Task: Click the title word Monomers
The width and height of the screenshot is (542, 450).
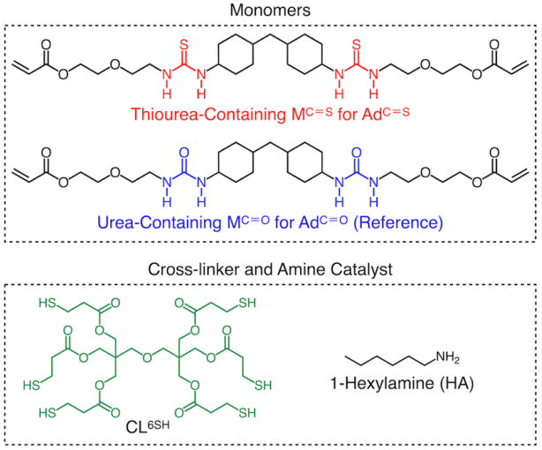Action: (270, 11)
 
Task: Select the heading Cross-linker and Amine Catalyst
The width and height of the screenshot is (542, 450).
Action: (271, 268)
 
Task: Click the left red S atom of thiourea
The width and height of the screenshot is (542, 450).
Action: (182, 42)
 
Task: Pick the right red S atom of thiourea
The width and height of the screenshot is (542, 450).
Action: (356, 42)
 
